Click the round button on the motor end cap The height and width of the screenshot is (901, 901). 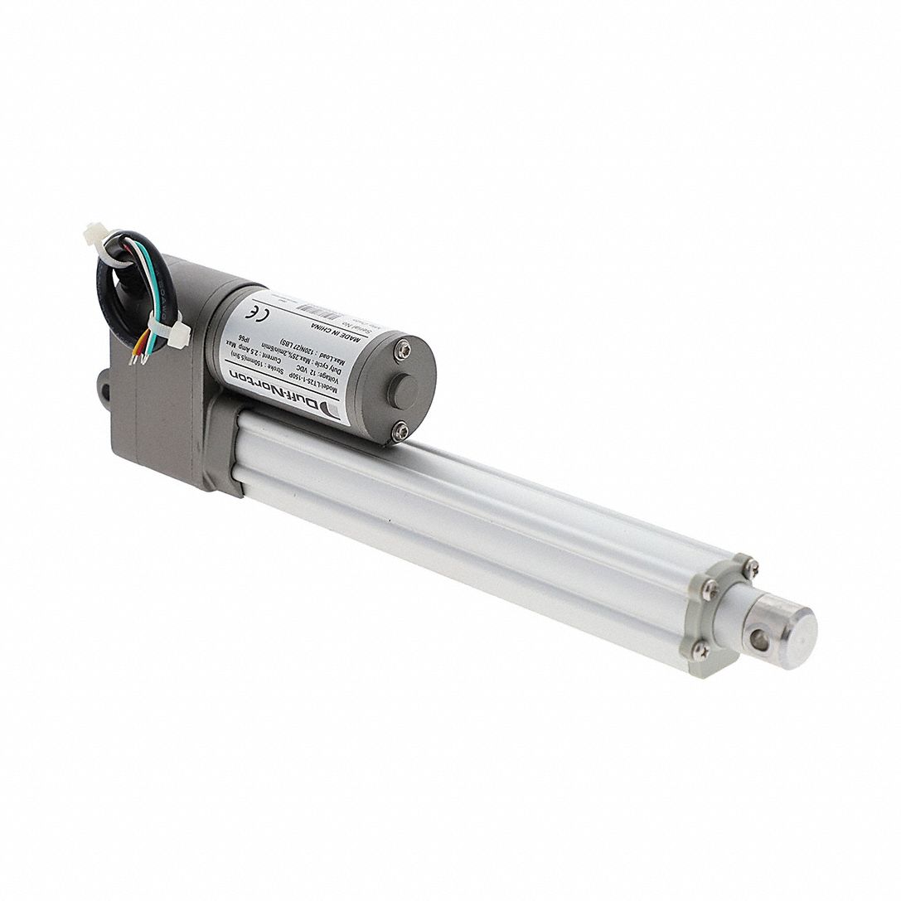(x=401, y=390)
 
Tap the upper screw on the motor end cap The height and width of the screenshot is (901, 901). (x=402, y=351)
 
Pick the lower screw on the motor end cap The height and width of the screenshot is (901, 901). (x=400, y=430)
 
